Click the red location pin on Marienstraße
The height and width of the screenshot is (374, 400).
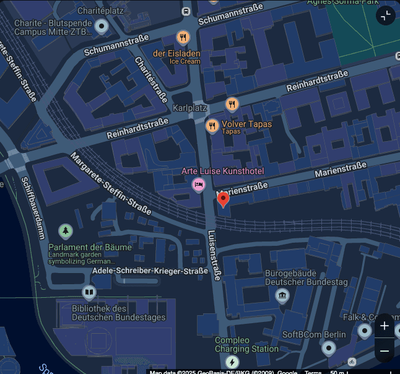(223, 198)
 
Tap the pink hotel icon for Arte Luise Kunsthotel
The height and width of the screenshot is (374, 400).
(199, 184)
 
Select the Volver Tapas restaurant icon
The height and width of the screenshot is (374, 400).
(212, 126)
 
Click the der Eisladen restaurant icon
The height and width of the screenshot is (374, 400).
(183, 37)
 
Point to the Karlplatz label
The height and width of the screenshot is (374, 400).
(189, 108)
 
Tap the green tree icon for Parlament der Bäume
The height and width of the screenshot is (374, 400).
(65, 232)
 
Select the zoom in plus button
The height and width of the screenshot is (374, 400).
(385, 326)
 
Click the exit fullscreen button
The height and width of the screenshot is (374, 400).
(385, 15)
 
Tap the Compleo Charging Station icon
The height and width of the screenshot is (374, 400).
(232, 362)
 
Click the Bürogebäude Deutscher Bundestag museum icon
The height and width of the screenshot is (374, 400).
(282, 295)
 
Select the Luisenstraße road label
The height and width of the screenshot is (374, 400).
(214, 256)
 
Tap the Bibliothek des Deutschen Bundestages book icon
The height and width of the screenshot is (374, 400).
(89, 292)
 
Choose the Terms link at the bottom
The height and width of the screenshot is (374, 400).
(313, 372)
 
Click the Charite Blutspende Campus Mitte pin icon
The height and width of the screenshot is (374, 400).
(101, 26)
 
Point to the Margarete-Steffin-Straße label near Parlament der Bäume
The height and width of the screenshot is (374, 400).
(111, 184)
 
